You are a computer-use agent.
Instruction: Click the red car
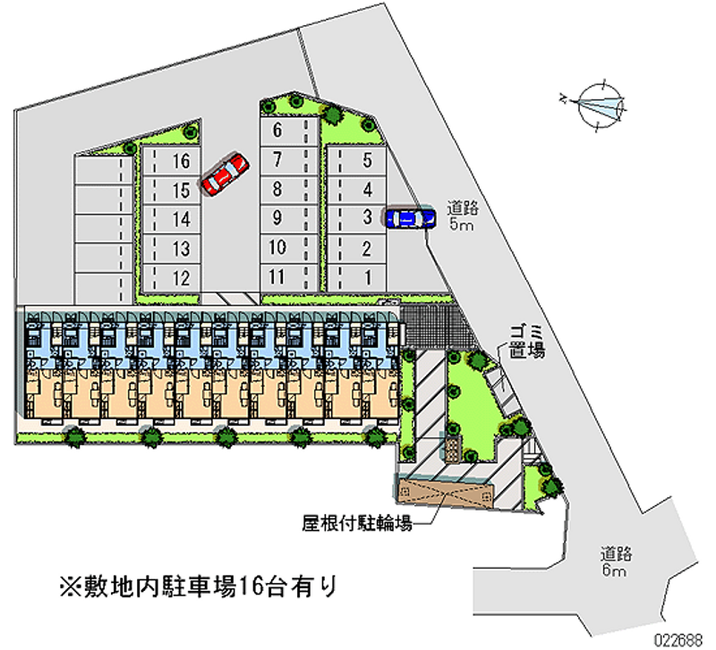(224, 173)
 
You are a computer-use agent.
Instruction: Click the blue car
(409, 217)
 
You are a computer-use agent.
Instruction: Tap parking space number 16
(181, 161)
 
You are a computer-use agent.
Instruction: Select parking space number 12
(181, 278)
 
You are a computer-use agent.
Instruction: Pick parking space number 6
(277, 131)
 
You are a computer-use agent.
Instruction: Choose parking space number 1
(367, 276)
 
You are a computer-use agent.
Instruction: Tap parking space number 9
(277, 217)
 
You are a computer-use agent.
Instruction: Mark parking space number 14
(181, 219)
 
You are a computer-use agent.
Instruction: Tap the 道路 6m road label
(614, 561)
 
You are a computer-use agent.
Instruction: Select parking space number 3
(367, 217)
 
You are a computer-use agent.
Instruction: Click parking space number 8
(277, 189)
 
